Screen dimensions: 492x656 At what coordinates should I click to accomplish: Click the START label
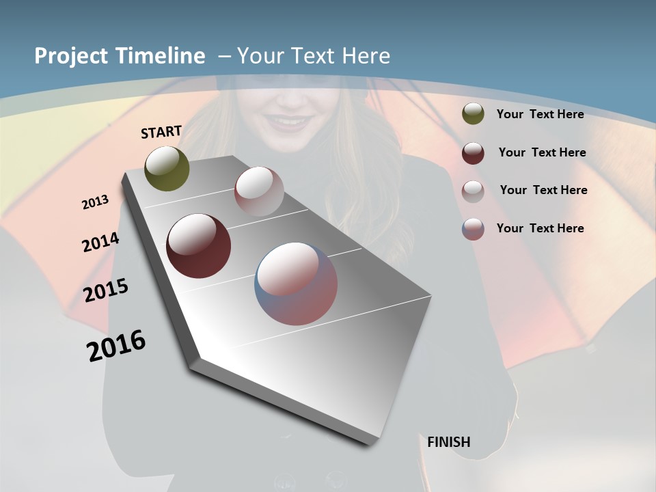pyautogui.click(x=161, y=132)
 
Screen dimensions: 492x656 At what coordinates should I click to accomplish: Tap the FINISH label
pyautogui.click(x=449, y=442)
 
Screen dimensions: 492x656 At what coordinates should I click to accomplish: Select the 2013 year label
pyautogui.click(x=95, y=202)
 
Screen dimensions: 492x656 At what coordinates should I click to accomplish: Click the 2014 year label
pyautogui.click(x=100, y=243)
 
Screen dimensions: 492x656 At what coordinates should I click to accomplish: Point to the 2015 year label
pyautogui.click(x=106, y=291)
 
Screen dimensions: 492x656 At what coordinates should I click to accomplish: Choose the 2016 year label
pyautogui.click(x=116, y=346)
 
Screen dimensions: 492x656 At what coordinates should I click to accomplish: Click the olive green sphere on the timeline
pyautogui.click(x=167, y=168)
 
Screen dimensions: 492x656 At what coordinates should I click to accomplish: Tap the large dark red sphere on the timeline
pyautogui.click(x=198, y=246)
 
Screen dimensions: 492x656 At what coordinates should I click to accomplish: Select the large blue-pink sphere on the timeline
pyautogui.click(x=296, y=284)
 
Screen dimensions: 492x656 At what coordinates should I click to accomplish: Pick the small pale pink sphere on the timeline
pyautogui.click(x=259, y=191)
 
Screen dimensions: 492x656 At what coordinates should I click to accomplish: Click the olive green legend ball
pyautogui.click(x=473, y=114)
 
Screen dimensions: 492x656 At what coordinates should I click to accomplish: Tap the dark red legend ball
pyautogui.click(x=473, y=153)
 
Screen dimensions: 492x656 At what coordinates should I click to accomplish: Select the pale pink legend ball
pyautogui.click(x=473, y=191)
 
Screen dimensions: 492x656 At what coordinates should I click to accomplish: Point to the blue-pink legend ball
pyautogui.click(x=473, y=229)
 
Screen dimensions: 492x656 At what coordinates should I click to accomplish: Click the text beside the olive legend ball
pyautogui.click(x=540, y=114)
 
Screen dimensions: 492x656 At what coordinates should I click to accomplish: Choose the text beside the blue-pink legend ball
pyautogui.click(x=540, y=228)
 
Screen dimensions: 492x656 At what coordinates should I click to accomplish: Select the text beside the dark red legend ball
pyautogui.click(x=542, y=152)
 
